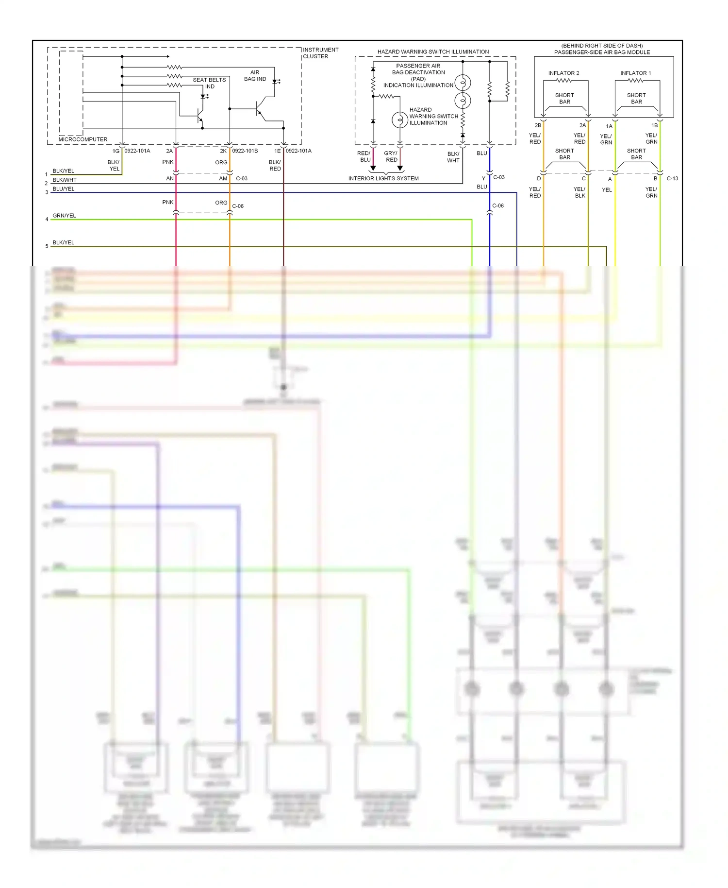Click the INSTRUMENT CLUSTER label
tap(320, 53)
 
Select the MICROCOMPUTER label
tap(83, 139)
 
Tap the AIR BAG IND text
tap(255, 76)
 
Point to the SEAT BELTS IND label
tap(209, 83)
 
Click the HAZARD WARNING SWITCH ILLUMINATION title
tap(433, 51)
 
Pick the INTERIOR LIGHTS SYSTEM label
tap(383, 178)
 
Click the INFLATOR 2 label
tap(563, 73)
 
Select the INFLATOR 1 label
tap(635, 73)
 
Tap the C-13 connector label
tap(672, 179)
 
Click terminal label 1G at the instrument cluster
tap(116, 151)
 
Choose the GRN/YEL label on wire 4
tap(64, 216)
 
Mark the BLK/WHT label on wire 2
tap(64, 180)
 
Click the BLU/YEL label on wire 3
tap(64, 189)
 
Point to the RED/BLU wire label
tap(364, 156)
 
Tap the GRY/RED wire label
tap(391, 156)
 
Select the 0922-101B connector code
tap(245, 151)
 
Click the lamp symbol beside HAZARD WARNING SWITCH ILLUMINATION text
tap(399, 120)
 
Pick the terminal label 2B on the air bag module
tap(538, 125)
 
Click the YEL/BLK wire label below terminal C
tap(579, 192)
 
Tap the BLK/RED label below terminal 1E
tap(275, 166)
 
